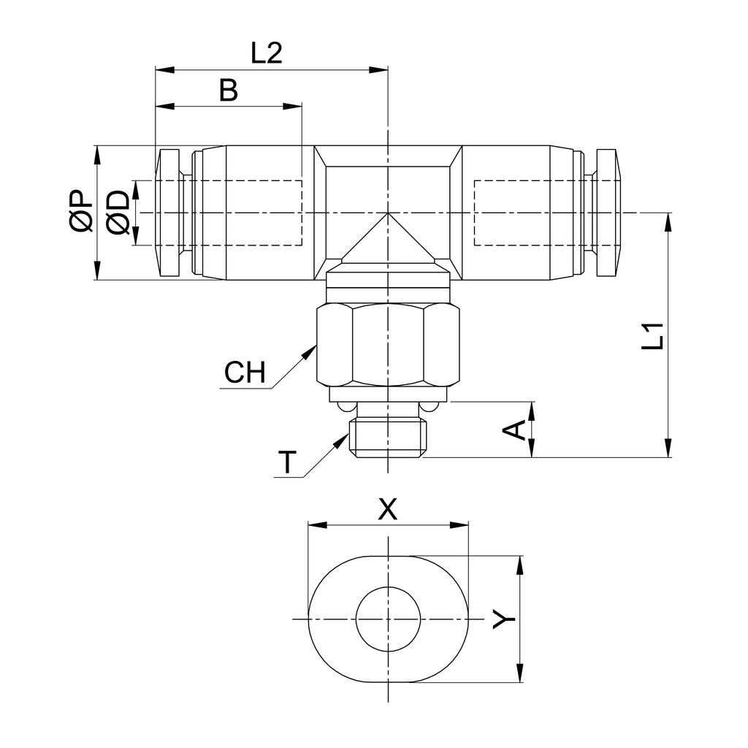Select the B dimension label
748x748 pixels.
229,90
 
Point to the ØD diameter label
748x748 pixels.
118,213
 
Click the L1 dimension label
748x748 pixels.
652,336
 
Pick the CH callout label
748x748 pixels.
245,372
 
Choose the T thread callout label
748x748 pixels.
287,462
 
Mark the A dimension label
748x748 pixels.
514,430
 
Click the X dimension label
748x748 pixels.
387,508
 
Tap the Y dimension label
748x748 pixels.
504,619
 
